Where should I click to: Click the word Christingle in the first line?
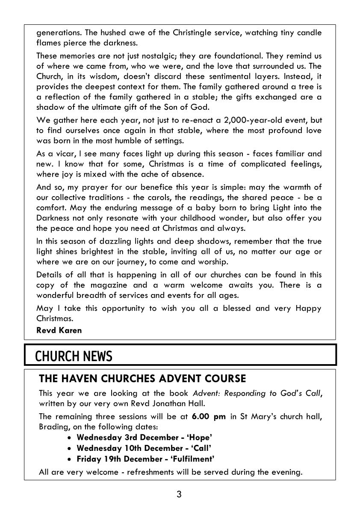180,33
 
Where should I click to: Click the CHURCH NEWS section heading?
74,356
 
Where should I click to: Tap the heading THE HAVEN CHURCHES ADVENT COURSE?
142,379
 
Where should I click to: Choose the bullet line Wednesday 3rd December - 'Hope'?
144,437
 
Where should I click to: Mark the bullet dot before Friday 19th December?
70,459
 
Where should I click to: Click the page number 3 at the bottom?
179,495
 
